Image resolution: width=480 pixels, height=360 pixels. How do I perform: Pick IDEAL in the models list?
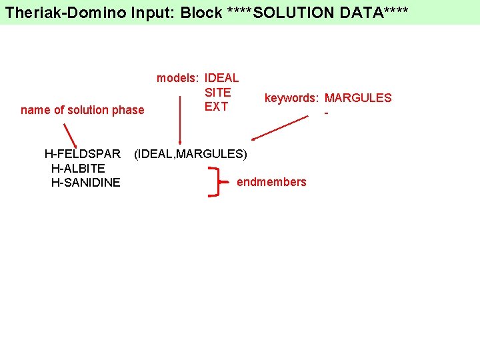(221, 78)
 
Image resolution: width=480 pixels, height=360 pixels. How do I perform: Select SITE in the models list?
(217, 92)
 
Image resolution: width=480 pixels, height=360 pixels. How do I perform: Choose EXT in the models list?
(216, 106)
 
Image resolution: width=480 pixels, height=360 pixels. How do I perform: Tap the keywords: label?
(292, 98)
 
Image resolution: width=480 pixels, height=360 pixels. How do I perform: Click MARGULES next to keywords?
(358, 98)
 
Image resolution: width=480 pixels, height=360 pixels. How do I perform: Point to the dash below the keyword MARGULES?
(326, 113)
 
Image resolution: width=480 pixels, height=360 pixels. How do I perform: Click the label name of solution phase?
(82, 110)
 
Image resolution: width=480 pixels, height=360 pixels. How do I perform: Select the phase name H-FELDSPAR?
(82, 154)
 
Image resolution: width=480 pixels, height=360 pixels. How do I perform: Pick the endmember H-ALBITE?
(77, 168)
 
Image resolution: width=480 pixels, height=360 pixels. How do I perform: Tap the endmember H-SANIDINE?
(85, 182)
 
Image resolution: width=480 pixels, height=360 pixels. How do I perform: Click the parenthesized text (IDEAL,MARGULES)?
(190, 154)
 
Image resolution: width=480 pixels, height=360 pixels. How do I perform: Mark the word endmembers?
(271, 182)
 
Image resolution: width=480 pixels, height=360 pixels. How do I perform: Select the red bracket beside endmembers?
(215, 182)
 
